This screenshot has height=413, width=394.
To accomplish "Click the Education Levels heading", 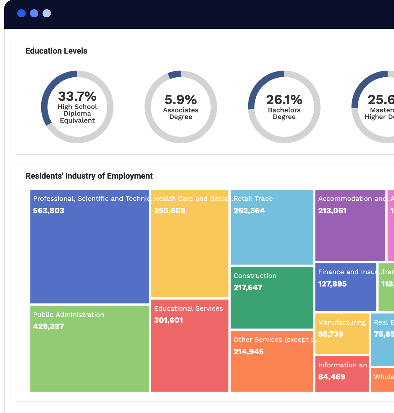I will (56, 51).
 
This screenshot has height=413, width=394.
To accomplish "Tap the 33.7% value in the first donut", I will (77, 96).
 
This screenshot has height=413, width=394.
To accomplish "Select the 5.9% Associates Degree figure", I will (181, 100).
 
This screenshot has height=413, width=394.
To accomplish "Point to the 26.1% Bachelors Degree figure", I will (284, 100).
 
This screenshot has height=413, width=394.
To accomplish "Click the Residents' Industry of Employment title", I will (89, 176).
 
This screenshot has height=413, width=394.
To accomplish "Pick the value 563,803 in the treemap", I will (49, 211).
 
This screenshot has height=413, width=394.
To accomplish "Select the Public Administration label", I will (69, 315).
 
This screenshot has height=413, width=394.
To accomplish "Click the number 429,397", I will (49, 326).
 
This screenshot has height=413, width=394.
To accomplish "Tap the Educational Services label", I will (188, 308).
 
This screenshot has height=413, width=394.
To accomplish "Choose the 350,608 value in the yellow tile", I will (170, 211).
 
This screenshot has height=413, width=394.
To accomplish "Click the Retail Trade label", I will (253, 199).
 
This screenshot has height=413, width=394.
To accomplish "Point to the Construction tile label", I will (255, 276).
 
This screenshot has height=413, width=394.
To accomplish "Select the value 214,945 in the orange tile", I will (249, 352).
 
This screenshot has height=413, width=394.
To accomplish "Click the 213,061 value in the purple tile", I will (332, 211).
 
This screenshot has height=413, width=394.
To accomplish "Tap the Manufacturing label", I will (342, 322).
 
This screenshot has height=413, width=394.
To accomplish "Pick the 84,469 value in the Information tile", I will (332, 377).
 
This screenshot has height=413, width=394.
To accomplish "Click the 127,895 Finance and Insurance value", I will (332, 284).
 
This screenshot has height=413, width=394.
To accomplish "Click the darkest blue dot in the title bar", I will (21, 13).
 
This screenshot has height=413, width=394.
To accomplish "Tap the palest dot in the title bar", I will (47, 13).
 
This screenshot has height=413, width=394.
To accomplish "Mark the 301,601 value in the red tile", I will (168, 320).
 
